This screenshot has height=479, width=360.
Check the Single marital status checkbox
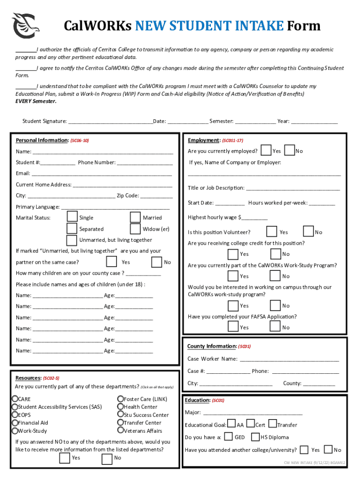(x=72, y=217)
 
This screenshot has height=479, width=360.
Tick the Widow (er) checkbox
(x=136, y=229)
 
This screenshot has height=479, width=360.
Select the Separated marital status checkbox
(x=72, y=229)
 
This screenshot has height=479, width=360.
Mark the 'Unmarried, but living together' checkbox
(x=72, y=240)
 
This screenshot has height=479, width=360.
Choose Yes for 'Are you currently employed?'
(x=266, y=151)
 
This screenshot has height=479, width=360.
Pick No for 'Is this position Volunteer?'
(x=309, y=232)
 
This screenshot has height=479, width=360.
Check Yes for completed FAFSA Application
(x=233, y=327)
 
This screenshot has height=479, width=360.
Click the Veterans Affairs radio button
(x=120, y=430)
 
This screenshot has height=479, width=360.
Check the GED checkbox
(x=229, y=437)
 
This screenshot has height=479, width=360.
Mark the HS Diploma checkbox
(x=255, y=437)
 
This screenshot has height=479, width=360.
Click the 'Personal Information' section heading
(x=42, y=140)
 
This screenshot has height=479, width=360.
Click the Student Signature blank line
(x=110, y=122)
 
